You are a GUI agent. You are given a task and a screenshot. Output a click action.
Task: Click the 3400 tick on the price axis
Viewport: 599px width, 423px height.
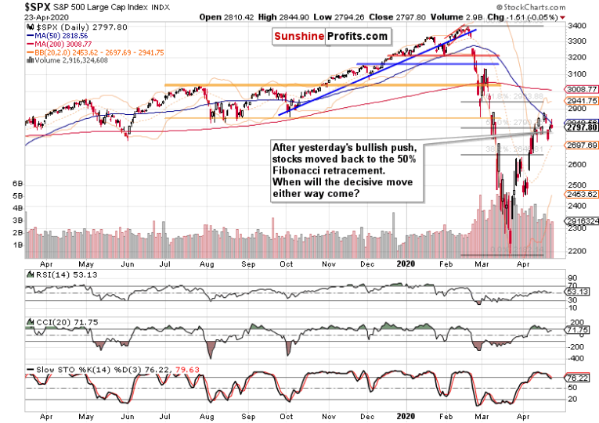coord(576,26)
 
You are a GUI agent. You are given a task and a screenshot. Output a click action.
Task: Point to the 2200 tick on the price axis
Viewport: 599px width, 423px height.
coord(576,251)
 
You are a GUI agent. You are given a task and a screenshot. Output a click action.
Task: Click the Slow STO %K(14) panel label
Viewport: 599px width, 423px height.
coord(70,367)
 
